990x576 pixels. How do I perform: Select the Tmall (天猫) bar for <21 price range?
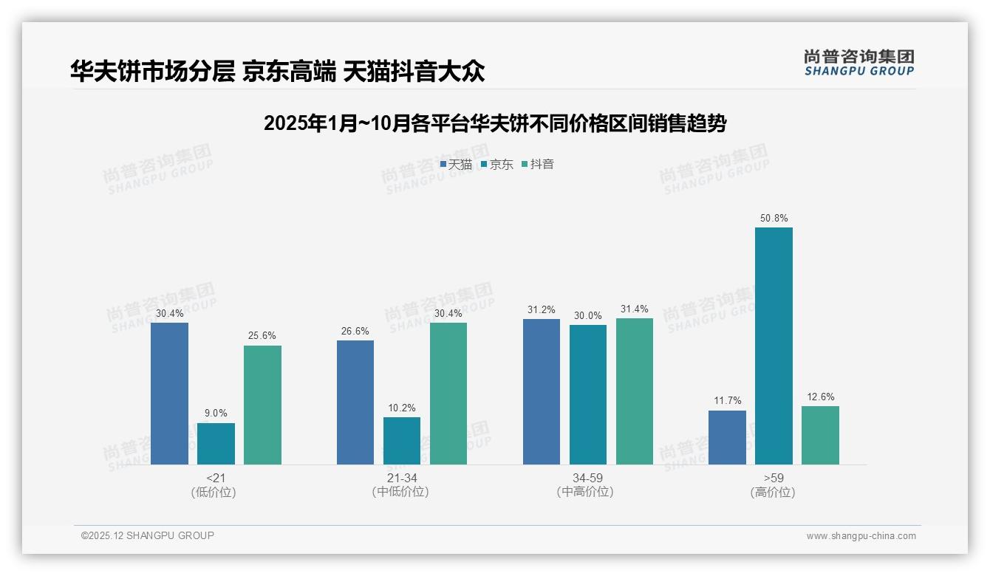point(169,394)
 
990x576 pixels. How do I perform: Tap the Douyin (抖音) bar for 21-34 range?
point(448,394)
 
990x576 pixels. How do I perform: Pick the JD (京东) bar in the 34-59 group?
point(587,394)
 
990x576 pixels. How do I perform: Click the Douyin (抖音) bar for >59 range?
point(820,435)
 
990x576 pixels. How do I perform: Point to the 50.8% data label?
point(774,219)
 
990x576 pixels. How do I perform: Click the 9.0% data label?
point(216,414)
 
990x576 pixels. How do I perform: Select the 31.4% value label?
point(634,309)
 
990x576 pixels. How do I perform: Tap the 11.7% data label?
point(727,401)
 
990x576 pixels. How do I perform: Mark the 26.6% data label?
point(355,331)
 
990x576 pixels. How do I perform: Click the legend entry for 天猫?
point(456,165)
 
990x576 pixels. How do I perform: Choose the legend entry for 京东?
point(496,165)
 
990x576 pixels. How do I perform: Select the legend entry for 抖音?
point(538,165)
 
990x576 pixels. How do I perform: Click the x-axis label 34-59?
point(587,478)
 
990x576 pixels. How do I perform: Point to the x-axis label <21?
point(216,478)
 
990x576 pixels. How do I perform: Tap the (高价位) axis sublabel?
point(773,492)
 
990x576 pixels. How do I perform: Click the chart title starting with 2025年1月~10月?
point(495,123)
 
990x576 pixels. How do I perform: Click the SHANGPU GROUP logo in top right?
point(858,63)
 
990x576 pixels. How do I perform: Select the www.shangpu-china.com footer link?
point(861,536)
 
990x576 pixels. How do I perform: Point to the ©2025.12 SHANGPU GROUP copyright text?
point(148,535)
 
